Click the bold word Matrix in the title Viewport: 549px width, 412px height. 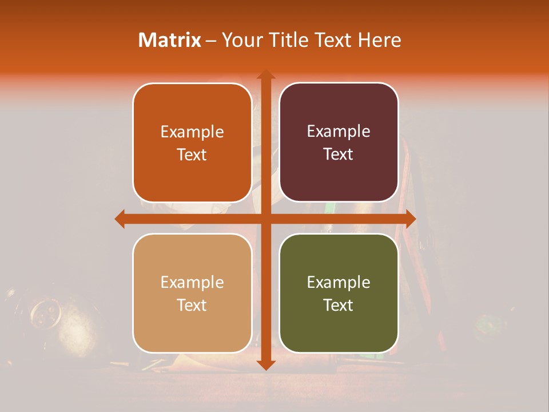click(x=170, y=40)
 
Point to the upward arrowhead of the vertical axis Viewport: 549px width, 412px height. click(x=265, y=74)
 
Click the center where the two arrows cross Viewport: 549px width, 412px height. click(x=265, y=219)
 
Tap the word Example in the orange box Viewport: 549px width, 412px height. click(x=192, y=132)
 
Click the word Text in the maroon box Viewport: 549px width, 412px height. click(x=339, y=154)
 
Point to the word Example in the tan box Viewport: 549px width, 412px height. click(x=192, y=283)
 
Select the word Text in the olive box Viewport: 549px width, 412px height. click(x=339, y=305)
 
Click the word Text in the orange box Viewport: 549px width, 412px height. click(x=192, y=155)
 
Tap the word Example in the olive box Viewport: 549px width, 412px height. click(x=339, y=283)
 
